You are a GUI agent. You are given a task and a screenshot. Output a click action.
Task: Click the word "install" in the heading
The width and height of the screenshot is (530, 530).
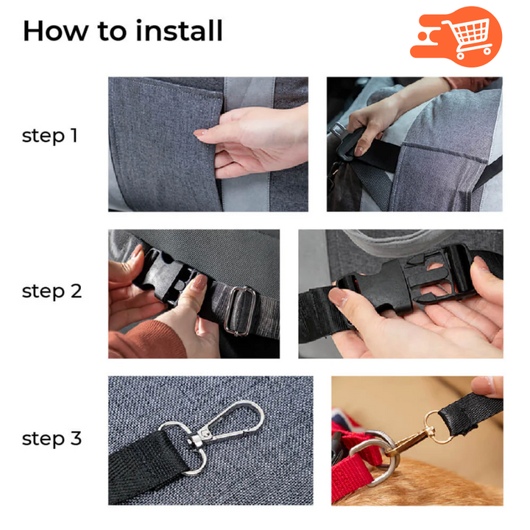click(x=179, y=31)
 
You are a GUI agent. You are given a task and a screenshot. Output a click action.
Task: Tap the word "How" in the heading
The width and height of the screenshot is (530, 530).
click(x=55, y=31)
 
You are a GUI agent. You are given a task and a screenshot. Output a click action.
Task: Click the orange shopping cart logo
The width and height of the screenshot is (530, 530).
click(x=456, y=37)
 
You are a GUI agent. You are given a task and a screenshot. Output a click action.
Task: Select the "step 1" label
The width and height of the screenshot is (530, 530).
click(x=50, y=136)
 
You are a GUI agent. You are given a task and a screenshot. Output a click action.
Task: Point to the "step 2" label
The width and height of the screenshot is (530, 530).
click(x=52, y=291)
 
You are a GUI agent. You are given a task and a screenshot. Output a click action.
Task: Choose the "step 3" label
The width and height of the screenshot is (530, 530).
click(x=52, y=439)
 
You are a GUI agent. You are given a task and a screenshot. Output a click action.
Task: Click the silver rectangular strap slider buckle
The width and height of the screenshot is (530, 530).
click(x=240, y=311)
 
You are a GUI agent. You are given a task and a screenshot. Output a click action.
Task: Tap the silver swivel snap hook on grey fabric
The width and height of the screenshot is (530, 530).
click(x=223, y=425)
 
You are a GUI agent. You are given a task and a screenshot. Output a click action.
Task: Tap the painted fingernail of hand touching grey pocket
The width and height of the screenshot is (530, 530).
click(x=199, y=132)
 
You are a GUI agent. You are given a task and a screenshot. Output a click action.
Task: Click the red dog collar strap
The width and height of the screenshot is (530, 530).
click(x=352, y=470)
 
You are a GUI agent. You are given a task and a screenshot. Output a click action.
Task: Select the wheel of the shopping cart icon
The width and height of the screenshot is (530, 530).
click(x=460, y=55)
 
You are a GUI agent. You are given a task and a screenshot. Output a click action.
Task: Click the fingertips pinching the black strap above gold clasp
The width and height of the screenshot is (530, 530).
click(x=487, y=386)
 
